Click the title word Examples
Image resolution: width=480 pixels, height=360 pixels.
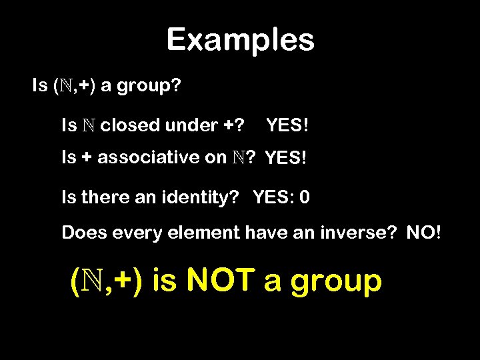pos(240,40)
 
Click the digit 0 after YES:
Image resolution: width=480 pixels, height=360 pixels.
pos(305,197)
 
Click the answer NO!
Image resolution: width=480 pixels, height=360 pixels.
pos(422,233)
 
